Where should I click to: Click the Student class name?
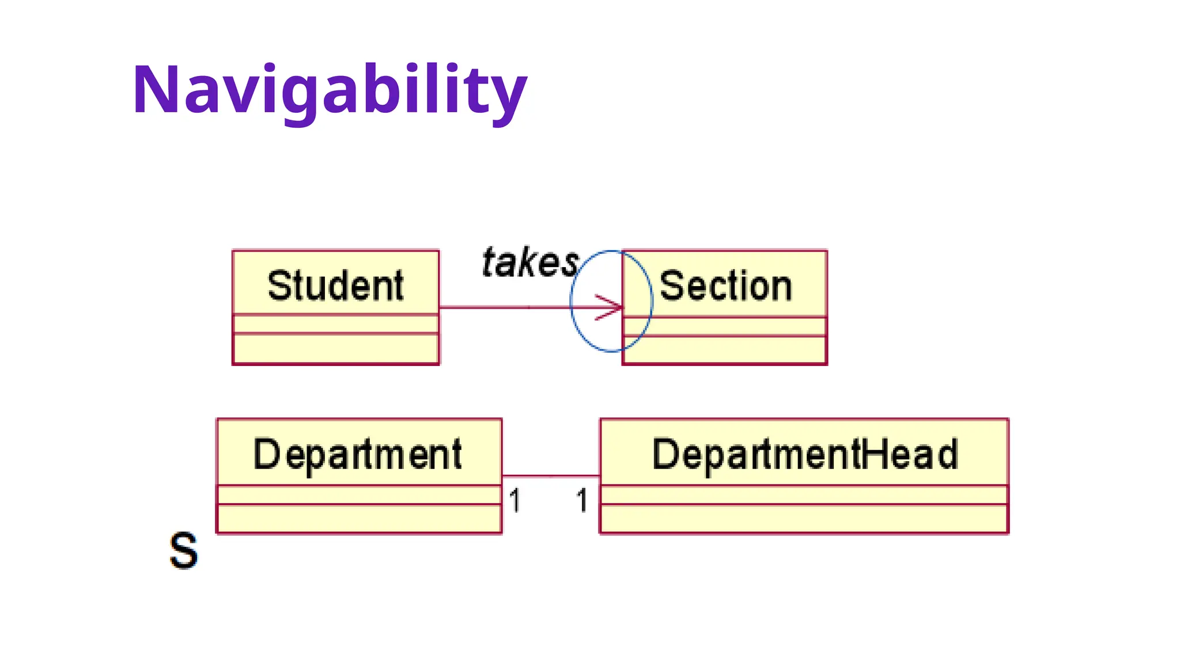335,285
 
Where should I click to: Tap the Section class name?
725,285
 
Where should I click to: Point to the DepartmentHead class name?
804,455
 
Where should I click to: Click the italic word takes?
530,263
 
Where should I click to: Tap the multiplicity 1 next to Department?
515,500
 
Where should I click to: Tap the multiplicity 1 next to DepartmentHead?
582,500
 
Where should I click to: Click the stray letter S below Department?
183,551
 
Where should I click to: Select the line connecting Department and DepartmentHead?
550,476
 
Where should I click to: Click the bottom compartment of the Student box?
335,349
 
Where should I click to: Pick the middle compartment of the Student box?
335,324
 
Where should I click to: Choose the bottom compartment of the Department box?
358,519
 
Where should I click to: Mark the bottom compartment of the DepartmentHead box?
804,519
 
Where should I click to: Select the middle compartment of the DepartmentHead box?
804,495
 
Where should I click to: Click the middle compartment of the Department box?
358,495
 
